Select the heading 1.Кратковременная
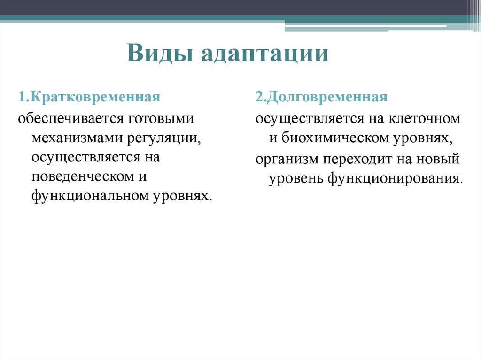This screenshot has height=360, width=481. click(x=89, y=98)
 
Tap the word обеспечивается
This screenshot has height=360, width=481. click(x=70, y=118)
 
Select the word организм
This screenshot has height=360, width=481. click(x=286, y=159)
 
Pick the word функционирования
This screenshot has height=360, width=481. click(x=394, y=179)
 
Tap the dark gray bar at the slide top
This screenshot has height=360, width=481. click(x=235, y=8)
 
